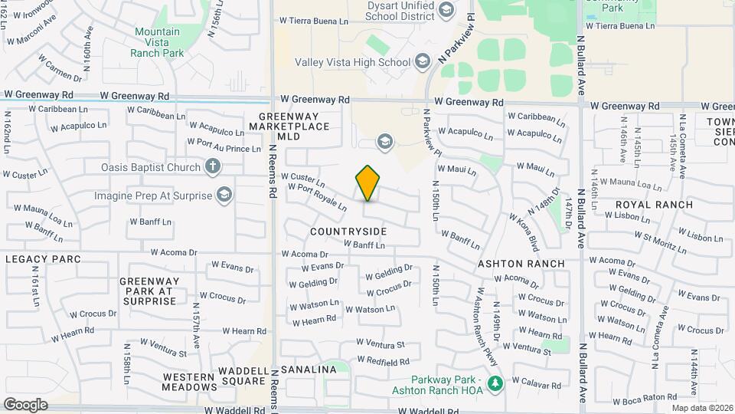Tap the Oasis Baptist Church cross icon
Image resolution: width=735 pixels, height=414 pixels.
pyautogui.click(x=213, y=166)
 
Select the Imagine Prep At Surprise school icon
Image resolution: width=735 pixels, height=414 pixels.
pyautogui.click(x=224, y=195)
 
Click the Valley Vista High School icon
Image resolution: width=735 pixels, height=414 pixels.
pyautogui.click(x=423, y=62)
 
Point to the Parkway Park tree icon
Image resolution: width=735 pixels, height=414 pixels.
pyautogui.click(x=495, y=383)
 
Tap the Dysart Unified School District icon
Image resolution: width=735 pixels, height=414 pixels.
pyautogui.click(x=446, y=10)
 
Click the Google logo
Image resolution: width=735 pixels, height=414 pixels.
pyautogui.click(x=25, y=404)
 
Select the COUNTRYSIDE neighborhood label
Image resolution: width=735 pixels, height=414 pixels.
pyautogui.click(x=348, y=231)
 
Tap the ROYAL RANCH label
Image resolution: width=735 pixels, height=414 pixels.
pyautogui.click(x=654, y=205)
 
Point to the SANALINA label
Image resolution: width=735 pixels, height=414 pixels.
pyautogui.click(x=309, y=370)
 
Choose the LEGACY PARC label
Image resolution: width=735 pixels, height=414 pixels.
pyautogui.click(x=43, y=259)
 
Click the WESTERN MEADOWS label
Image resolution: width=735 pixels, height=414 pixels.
pyautogui.click(x=189, y=381)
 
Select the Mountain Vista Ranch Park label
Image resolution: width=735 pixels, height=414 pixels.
pyautogui.click(x=158, y=42)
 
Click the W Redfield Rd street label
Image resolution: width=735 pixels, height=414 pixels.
pyautogui.click(x=383, y=360)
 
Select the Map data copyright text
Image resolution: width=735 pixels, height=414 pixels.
pyautogui.click(x=702, y=407)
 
